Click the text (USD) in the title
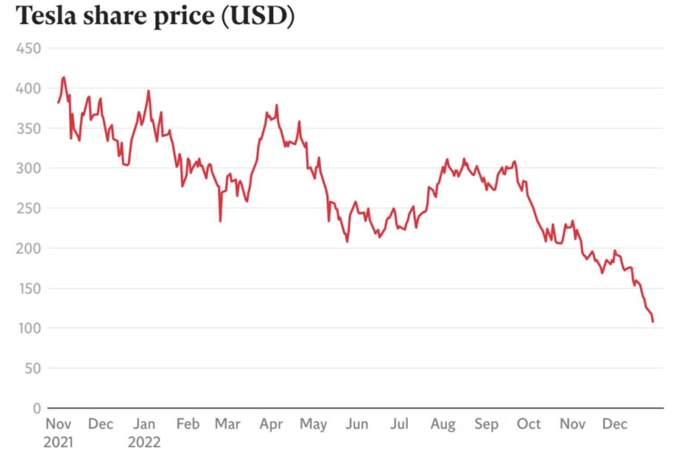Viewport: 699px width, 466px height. pos(258,16)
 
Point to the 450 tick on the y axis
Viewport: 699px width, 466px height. pos(28,48)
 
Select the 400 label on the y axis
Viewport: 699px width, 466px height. pos(28,88)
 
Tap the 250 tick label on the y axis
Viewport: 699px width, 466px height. pos(28,208)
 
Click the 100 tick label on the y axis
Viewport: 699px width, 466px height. pos(29,328)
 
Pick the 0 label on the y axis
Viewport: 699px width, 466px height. pos(37,408)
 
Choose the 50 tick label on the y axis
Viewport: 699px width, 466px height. pos(32,368)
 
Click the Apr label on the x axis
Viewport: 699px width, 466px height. pos(271,424)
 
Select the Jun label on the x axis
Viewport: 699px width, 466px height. pos(357,424)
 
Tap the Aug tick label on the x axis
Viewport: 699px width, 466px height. pos(443,424)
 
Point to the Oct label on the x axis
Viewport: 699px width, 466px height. pos(529,424)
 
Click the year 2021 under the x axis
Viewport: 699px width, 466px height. pos(58,442)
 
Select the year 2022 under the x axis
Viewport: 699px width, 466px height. pos(144,442)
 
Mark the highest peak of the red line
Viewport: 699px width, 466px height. pos(64,78)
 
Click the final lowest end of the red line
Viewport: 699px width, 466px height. pos(652,321)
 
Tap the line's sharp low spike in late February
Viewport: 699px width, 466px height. pos(220,220)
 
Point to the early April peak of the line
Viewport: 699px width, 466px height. pos(277,105)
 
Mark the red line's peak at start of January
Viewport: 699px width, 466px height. pos(148,91)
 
